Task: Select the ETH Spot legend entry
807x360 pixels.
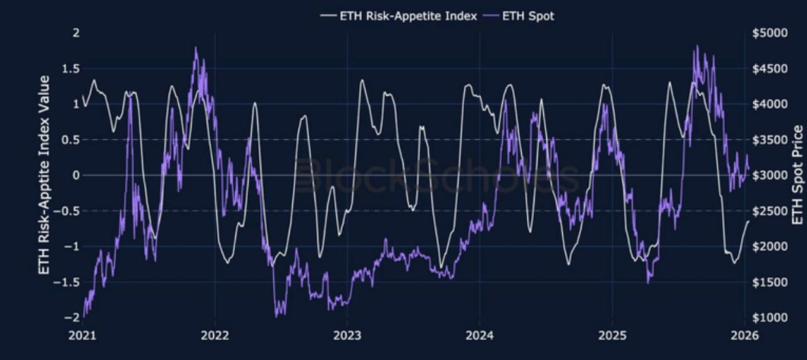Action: click(527, 16)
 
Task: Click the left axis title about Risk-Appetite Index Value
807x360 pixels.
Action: click(45, 175)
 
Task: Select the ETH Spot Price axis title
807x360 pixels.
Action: click(798, 175)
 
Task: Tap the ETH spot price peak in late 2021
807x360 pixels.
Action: click(196, 47)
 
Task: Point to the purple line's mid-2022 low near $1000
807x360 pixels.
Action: click(277, 314)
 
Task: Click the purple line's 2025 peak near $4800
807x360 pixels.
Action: click(697, 46)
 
